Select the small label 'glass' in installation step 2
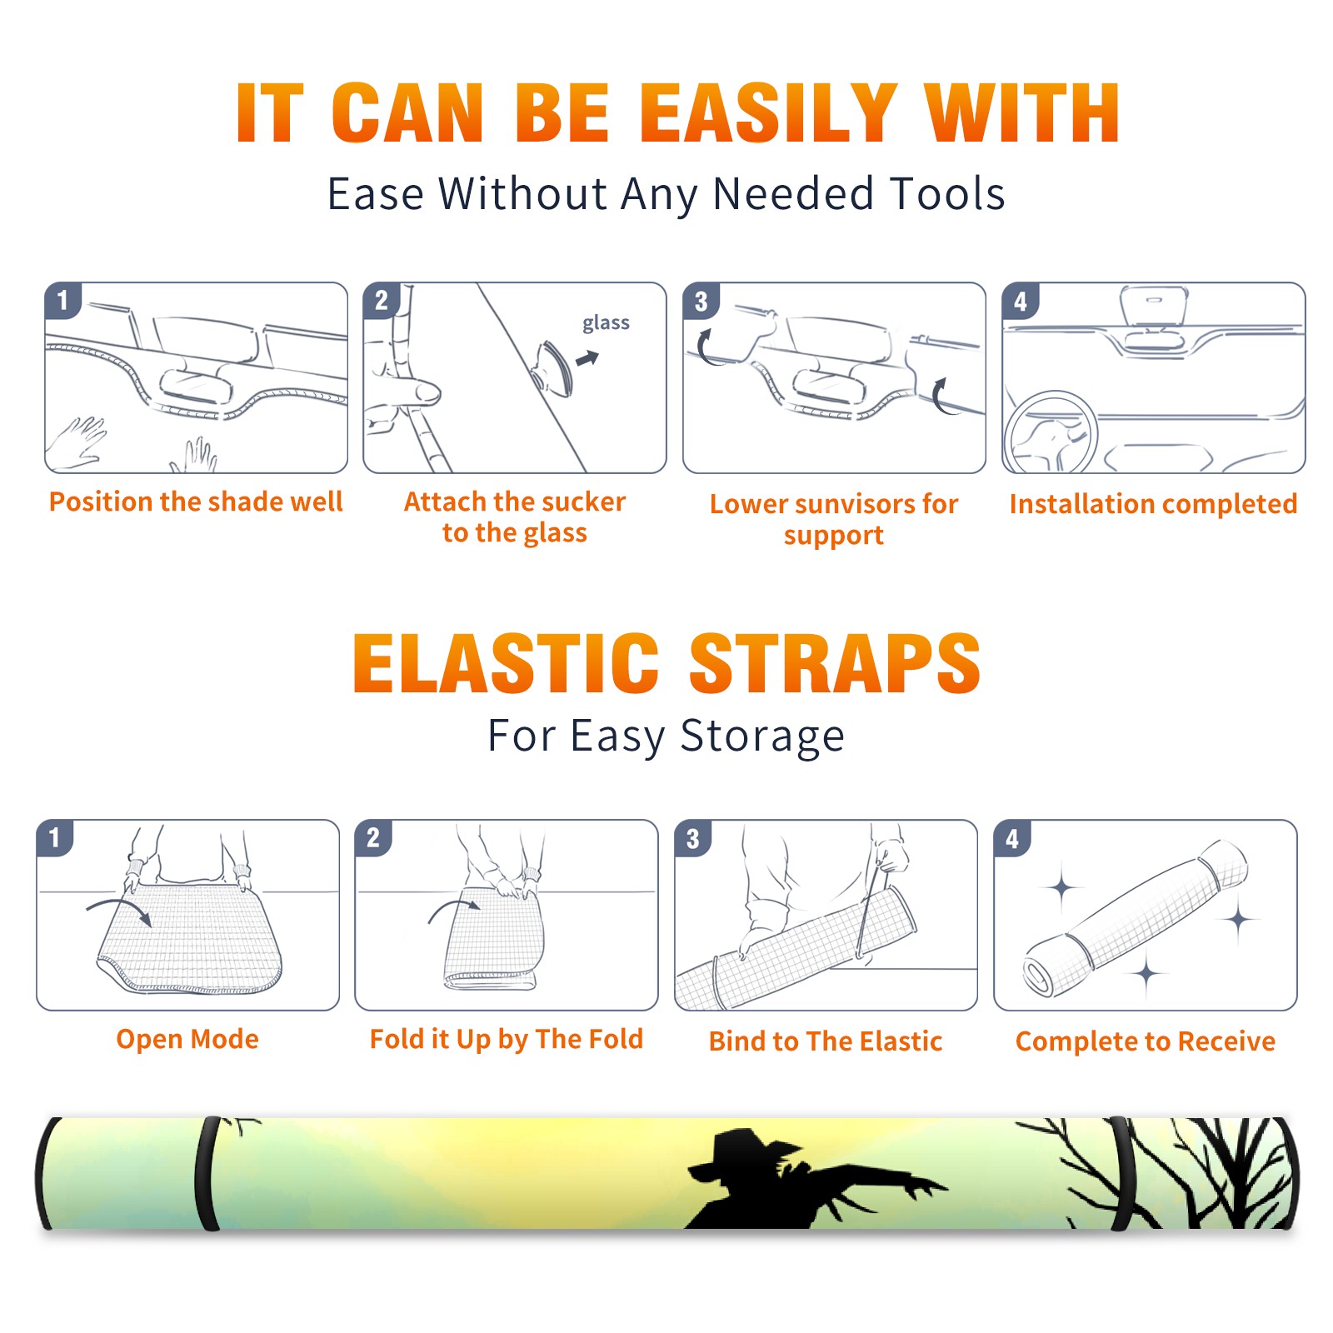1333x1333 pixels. coord(606,322)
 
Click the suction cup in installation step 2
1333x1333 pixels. coord(553,367)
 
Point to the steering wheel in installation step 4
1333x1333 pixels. coord(1051,433)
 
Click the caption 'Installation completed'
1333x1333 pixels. coord(1153,504)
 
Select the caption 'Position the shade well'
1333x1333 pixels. coord(196,502)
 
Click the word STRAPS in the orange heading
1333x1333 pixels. coord(835,663)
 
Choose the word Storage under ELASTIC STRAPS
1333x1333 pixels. coord(762,736)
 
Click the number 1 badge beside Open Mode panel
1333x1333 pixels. coord(55,837)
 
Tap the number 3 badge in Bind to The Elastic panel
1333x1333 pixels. coord(693,838)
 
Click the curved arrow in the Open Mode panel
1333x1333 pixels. coord(118,910)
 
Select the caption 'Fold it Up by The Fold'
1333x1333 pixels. coord(507,1039)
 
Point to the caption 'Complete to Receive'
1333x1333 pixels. coord(1146,1041)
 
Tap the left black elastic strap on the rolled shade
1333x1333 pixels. coord(207,1173)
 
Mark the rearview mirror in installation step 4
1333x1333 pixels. coord(1153,306)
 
